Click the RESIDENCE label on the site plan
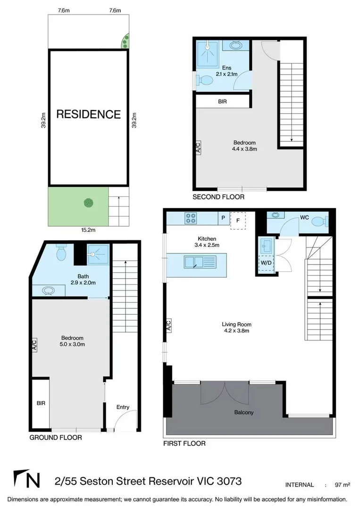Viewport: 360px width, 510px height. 89,114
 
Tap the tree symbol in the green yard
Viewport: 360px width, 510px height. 88,203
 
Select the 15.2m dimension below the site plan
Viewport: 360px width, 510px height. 89,230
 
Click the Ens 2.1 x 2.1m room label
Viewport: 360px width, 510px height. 226,71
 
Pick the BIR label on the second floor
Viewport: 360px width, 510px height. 223,102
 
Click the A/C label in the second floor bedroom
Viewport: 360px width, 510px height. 198,147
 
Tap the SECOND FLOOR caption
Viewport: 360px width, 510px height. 218,196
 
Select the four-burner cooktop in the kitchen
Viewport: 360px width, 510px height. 191,218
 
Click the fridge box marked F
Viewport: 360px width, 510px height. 238,220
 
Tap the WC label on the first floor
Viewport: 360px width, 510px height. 304,218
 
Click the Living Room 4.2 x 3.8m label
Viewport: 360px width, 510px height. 236,327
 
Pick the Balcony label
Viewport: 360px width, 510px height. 244,412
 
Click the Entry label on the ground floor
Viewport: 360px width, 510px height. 123,407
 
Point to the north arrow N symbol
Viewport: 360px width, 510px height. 27,480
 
